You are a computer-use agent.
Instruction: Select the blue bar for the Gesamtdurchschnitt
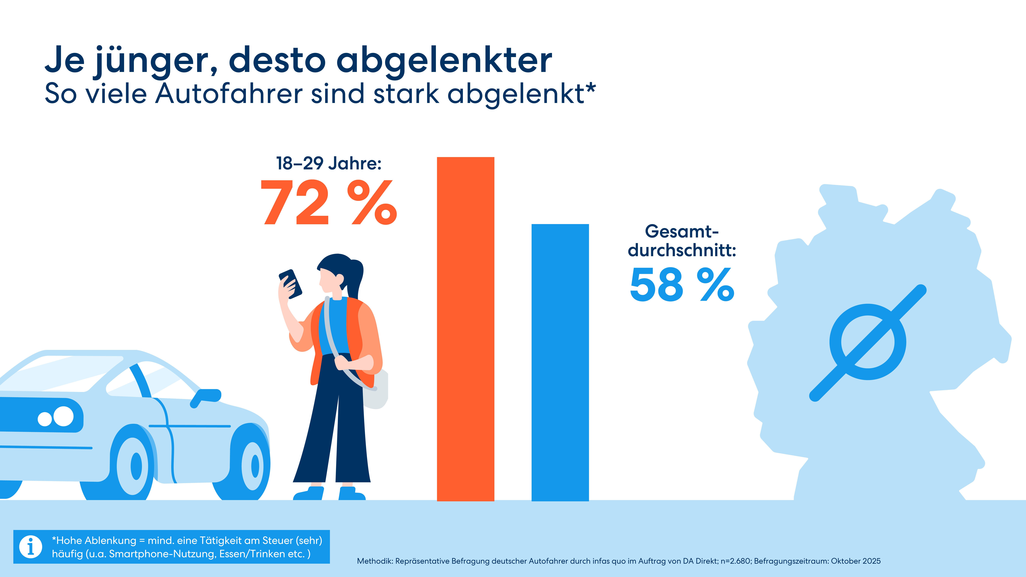[x=560, y=362]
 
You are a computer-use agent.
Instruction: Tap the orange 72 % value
[x=329, y=202]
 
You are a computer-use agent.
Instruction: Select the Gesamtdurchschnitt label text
[x=682, y=241]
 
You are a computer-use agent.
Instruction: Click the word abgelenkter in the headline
[x=444, y=61]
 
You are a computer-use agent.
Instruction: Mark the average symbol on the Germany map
[x=867, y=342]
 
